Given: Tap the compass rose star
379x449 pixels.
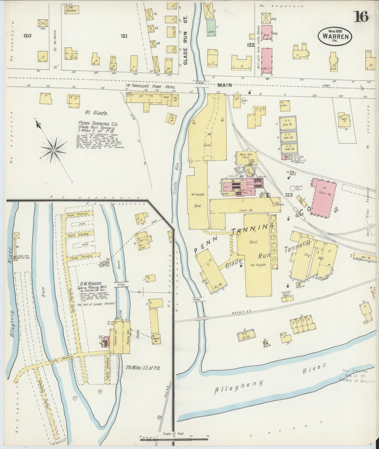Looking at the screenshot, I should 54,150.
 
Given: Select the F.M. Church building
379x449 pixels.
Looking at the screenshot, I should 72,10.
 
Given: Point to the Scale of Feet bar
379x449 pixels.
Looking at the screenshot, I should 174,437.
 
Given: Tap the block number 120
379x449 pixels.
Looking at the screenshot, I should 27,36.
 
